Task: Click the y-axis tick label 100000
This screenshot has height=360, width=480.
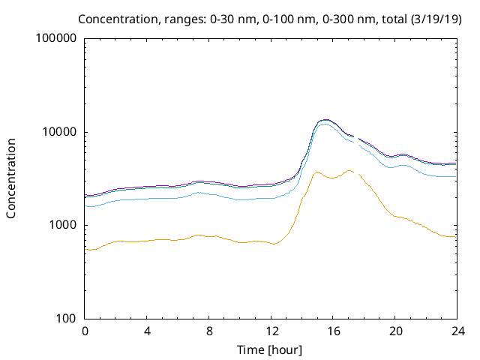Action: (x=56, y=39)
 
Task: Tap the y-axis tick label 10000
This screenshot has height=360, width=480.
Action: (x=59, y=132)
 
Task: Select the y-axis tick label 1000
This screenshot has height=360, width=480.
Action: (x=62, y=226)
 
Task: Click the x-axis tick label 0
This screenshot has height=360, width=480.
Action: (x=85, y=331)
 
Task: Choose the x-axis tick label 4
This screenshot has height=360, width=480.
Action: (x=147, y=331)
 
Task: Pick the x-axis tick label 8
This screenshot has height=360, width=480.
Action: (x=209, y=331)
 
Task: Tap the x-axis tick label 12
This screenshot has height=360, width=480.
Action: (x=271, y=331)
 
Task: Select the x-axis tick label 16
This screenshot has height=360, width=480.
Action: (x=333, y=331)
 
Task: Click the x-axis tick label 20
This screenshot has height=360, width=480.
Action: (x=395, y=331)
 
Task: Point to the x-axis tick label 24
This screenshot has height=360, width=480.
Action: (x=457, y=331)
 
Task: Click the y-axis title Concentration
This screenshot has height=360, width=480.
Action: (x=11, y=178)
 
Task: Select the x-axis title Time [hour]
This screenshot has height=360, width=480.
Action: (x=271, y=349)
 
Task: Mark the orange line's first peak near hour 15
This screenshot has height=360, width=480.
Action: (x=316, y=172)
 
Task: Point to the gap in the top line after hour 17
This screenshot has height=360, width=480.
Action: (x=356, y=137)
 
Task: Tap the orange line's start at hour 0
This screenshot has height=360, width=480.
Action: (x=86, y=249)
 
